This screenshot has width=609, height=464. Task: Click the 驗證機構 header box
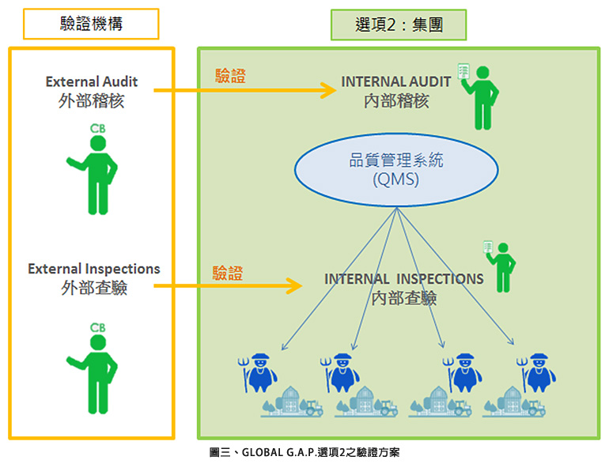[x=92, y=24]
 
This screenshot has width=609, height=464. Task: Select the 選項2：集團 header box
[x=399, y=25]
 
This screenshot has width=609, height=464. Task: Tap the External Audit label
[x=92, y=81]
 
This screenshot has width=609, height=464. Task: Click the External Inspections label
[x=94, y=270]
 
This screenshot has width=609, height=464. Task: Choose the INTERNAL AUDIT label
[x=396, y=81]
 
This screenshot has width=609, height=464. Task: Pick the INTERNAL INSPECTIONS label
[x=404, y=279]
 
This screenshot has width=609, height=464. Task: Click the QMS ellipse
[x=396, y=169]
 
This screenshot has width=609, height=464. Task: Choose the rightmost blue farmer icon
[x=536, y=371]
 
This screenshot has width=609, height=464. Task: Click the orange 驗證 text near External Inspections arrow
[x=228, y=273]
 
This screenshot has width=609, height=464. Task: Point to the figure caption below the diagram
[x=304, y=453]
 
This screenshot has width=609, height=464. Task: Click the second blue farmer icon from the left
[x=340, y=371]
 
